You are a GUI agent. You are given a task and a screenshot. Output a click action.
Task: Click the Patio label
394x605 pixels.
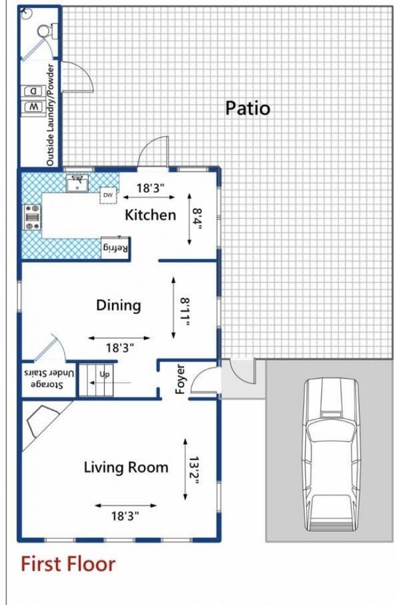click(x=247, y=108)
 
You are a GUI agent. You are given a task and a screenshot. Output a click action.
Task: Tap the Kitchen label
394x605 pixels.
click(x=150, y=215)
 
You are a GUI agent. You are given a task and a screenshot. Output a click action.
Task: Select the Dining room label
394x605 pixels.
click(x=118, y=306)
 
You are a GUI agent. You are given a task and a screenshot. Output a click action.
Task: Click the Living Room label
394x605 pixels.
click(x=126, y=467)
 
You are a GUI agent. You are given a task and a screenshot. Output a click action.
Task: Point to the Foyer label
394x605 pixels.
click(x=180, y=379)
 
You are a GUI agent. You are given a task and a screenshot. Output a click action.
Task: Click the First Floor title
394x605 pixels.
click(x=68, y=564)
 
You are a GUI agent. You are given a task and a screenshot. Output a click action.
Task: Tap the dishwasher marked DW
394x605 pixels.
click(x=108, y=195)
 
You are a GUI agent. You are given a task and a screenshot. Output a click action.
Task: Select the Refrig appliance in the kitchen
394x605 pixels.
click(x=115, y=247)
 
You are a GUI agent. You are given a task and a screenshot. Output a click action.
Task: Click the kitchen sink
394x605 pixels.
click(x=77, y=183)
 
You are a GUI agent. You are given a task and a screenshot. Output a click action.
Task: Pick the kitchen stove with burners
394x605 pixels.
click(x=32, y=217)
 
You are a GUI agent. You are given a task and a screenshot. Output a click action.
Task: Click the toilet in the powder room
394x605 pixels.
click(x=47, y=31)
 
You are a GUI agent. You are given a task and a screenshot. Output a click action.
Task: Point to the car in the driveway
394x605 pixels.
click(x=331, y=455)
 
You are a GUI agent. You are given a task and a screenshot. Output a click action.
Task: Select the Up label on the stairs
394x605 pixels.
click(x=104, y=374)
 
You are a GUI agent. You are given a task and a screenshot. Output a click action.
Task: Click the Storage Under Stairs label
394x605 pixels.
click(x=48, y=379)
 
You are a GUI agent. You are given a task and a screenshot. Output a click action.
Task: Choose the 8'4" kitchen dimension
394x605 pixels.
click(x=197, y=219)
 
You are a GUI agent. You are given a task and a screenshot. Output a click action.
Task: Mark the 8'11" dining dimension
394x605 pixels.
click(x=185, y=312)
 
